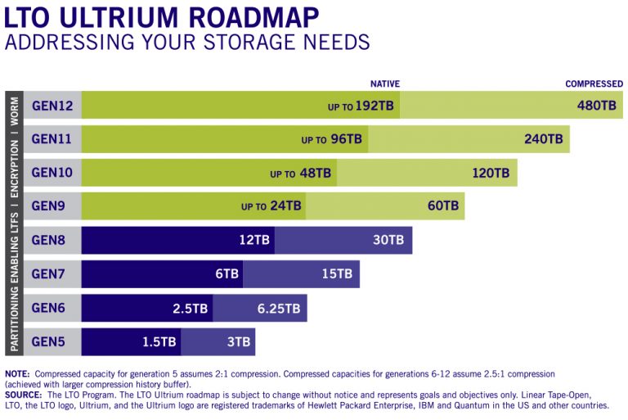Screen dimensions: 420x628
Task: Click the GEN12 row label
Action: [52, 106]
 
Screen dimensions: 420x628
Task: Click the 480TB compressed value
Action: [596, 106]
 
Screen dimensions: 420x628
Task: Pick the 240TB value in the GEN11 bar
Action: [544, 139]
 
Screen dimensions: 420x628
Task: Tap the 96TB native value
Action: [346, 139]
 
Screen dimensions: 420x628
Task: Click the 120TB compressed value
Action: [491, 173]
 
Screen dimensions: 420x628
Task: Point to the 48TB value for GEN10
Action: [315, 173]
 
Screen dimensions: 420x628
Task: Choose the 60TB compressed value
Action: [443, 206]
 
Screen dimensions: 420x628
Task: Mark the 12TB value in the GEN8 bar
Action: [254, 240]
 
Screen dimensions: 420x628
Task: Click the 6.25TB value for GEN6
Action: [279, 308]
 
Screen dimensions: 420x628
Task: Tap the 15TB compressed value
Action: [337, 273]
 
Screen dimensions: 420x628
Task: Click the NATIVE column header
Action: [384, 84]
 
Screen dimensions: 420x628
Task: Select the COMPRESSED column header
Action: [594, 84]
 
